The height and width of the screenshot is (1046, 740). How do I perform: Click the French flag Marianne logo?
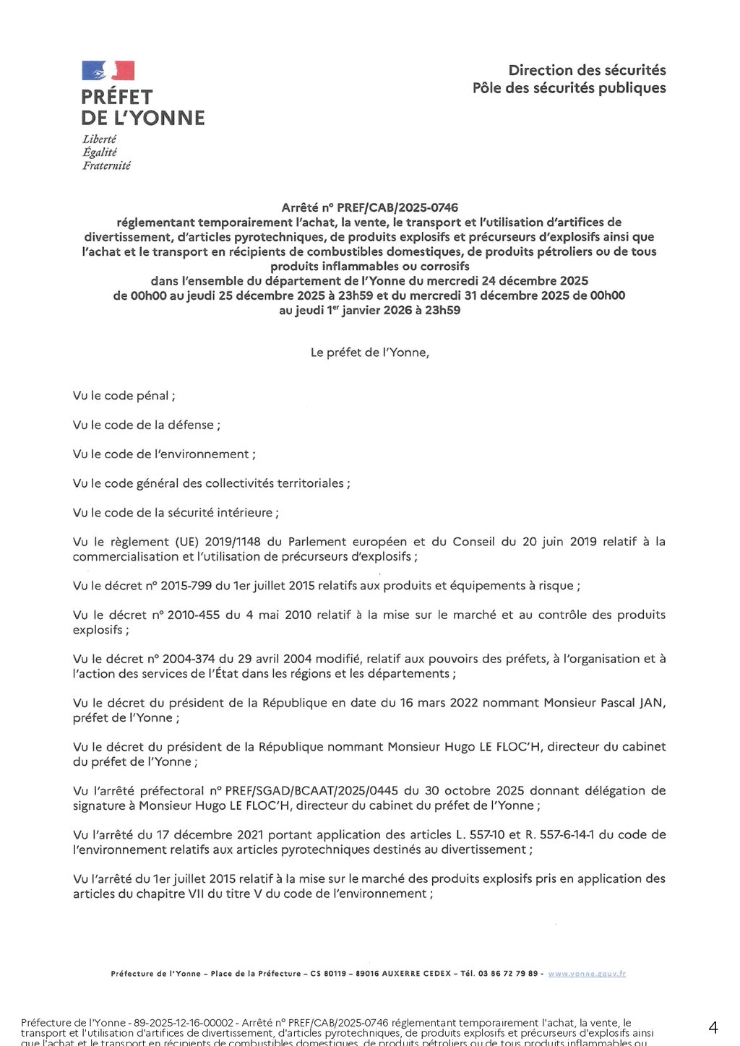point(108,71)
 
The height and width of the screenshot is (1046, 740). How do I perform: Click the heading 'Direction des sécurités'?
point(587,70)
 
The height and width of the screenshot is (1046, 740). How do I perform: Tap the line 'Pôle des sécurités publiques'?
point(569,88)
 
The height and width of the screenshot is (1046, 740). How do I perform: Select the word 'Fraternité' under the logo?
point(106,165)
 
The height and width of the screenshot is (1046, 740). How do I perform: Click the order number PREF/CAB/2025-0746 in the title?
point(397,207)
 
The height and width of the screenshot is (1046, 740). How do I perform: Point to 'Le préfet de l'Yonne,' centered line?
point(369,353)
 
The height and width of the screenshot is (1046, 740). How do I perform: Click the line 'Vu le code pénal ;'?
point(124,396)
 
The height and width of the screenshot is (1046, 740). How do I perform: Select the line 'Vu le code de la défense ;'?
point(146,425)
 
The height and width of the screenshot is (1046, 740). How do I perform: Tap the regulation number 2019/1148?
point(232,542)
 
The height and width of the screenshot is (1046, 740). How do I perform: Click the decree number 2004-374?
point(189,659)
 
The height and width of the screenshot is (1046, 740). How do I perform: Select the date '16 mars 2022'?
point(439,703)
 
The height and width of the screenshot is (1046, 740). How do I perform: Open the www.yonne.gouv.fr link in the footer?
point(587,974)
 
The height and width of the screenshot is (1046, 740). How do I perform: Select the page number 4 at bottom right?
point(713,1028)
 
